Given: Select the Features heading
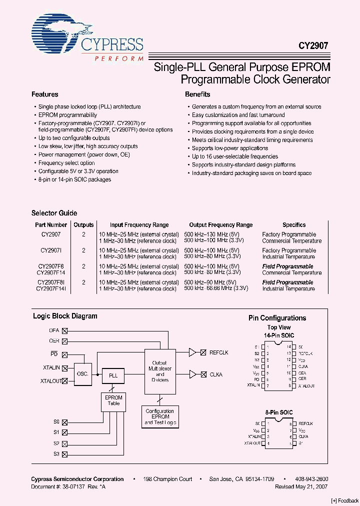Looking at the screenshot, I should [45, 94].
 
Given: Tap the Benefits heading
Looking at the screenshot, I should [197, 94].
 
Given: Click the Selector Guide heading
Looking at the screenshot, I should [54, 213].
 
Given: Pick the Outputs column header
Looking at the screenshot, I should [83, 225].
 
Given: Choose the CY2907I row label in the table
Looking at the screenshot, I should [51, 250].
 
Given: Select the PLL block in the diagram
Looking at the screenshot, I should [113, 375].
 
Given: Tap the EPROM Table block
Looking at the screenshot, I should [113, 400].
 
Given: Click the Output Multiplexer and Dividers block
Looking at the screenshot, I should [160, 371].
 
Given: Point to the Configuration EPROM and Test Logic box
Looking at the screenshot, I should [160, 416].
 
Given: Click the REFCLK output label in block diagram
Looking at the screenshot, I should [218, 353].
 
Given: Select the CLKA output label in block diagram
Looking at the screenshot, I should [216, 374].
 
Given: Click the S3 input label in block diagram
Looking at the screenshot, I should [56, 454].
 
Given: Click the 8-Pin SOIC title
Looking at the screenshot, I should [279, 412].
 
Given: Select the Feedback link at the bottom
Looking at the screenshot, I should [344, 500].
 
